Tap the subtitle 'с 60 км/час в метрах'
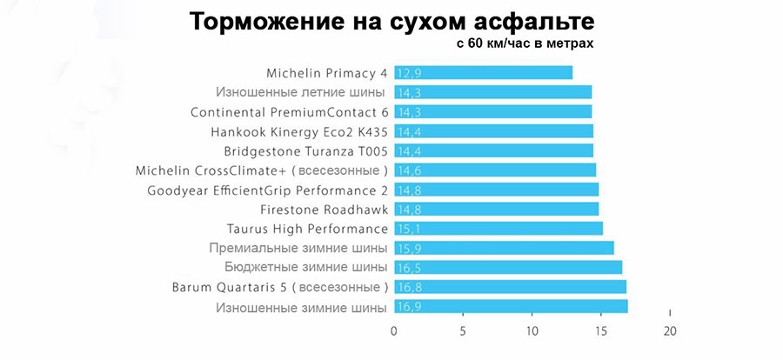525,43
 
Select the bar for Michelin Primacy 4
483,73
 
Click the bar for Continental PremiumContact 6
492,111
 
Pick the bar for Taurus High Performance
498,229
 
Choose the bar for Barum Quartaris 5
510,287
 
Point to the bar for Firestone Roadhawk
496,209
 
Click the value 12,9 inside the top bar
409,73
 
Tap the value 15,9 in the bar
409,248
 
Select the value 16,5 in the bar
409,267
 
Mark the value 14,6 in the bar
409,170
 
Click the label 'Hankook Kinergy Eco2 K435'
299,131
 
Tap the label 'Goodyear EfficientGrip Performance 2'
268,190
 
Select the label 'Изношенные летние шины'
301,92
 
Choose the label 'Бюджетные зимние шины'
305,267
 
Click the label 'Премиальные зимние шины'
298,248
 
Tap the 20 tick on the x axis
668,330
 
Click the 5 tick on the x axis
463,330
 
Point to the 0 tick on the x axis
394,330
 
